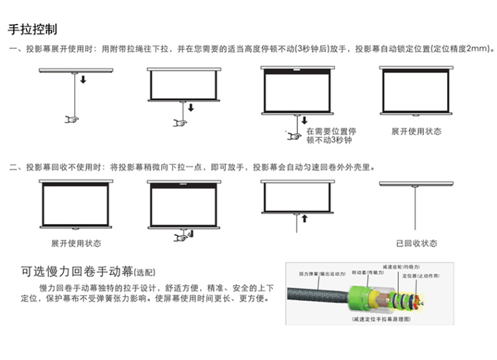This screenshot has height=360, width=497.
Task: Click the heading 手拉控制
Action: tap(32, 30)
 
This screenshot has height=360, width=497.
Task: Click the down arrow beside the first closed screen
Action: tap(83, 80)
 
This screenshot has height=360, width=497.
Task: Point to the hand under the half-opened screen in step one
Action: tap(180, 122)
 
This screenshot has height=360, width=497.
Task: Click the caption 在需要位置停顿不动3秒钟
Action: tap(331, 136)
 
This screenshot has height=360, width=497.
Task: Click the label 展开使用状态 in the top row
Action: tap(415, 131)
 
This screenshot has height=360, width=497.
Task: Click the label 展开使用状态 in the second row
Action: tap(76, 244)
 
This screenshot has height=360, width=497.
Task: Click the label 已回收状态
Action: tap(416, 244)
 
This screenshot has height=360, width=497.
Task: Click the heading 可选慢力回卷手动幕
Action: tap(76, 271)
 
